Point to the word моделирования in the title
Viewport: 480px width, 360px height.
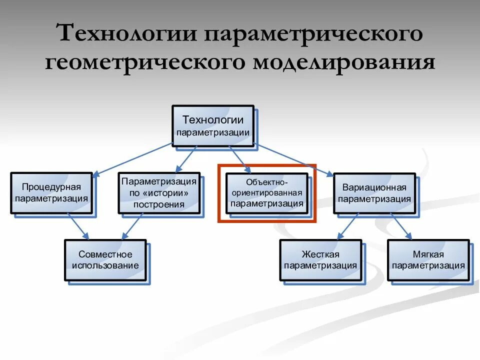pyautogui.click(x=344, y=63)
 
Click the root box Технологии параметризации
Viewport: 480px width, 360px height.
pyautogui.click(x=212, y=125)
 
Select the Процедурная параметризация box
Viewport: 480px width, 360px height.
pyautogui.click(x=51, y=193)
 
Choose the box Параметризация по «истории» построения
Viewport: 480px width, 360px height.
pyautogui.click(x=159, y=193)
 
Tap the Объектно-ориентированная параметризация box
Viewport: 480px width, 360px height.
pyautogui.click(x=267, y=193)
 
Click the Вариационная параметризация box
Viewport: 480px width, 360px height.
pyautogui.click(x=374, y=193)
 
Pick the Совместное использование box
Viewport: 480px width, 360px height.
pyautogui.click(x=105, y=260)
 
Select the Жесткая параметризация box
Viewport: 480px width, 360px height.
pyautogui.click(x=320, y=260)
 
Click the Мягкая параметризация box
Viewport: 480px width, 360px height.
pyautogui.click(x=428, y=260)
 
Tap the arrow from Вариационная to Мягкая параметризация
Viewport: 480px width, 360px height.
pyautogui.click(x=401, y=226)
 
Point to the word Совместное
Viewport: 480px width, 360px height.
pyautogui.click(x=105, y=254)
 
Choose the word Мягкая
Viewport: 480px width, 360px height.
pyautogui.click(x=428, y=254)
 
